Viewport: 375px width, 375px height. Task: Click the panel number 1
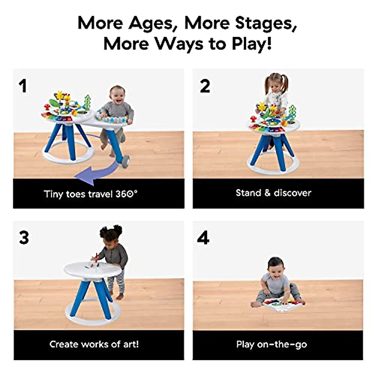pos(22,86)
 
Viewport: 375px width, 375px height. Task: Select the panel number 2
pos(205,86)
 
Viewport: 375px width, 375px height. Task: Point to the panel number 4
pos(203,238)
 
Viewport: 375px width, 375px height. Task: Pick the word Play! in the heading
pos(252,44)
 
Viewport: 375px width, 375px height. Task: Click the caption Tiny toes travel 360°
pos(91,194)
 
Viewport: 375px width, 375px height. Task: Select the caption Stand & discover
pos(273,192)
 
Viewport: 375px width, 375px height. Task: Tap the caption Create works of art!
pos(94,344)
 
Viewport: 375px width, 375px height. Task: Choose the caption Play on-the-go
pos(272,344)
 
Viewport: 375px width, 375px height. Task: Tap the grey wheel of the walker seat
pos(125,162)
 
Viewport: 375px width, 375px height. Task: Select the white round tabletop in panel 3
pos(92,269)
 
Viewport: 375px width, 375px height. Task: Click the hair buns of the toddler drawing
pos(111,230)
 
